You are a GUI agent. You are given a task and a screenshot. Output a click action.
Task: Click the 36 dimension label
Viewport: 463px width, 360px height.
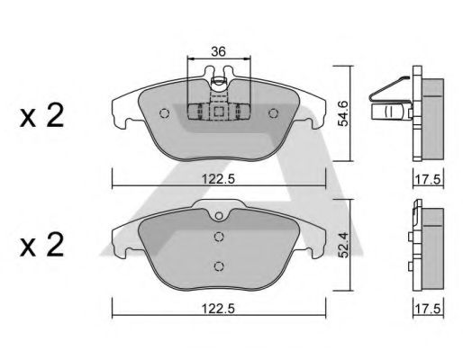218,51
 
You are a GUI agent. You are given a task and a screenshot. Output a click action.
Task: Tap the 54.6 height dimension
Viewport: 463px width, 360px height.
343,113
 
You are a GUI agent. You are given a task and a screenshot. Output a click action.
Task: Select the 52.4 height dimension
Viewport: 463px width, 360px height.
343,246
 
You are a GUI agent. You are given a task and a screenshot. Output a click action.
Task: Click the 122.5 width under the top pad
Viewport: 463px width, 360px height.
218,179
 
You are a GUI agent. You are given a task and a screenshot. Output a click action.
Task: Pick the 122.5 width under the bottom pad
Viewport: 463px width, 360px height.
218,309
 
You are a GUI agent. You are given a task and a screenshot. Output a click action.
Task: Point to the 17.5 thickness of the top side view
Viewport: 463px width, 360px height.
428,180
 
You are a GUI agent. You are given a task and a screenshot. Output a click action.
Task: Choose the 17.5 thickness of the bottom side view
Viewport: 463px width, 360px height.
428,309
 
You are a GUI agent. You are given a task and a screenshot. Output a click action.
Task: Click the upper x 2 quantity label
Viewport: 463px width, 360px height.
41,115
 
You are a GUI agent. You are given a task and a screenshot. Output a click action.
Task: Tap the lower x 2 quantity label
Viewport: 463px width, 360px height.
41,245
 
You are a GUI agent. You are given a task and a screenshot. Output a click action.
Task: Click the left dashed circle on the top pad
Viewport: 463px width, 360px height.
164,113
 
